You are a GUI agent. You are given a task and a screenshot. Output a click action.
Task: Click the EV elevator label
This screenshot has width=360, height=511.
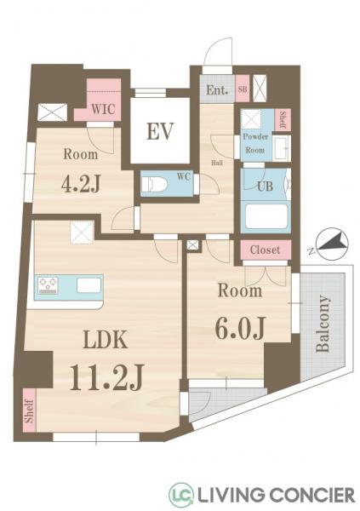(x=159, y=132)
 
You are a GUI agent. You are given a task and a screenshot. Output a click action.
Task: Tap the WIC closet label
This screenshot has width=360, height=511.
(x=103, y=109)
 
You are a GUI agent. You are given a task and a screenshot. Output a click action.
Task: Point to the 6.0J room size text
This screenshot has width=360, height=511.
(x=239, y=327)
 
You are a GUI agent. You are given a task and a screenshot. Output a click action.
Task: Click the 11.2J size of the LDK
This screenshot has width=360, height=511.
(x=106, y=376)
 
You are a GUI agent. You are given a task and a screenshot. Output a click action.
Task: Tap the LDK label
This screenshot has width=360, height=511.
(x=106, y=339)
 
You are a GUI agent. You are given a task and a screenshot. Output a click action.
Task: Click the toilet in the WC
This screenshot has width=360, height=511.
(x=154, y=185)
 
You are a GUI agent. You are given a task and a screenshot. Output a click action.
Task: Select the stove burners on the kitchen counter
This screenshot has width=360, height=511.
(x=48, y=284)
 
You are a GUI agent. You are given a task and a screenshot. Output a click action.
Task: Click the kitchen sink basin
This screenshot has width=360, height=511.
(x=89, y=285)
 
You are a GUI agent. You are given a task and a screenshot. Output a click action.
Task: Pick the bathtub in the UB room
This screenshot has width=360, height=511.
(x=266, y=216)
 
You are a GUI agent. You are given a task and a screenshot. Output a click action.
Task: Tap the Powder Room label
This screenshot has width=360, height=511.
(x=255, y=143)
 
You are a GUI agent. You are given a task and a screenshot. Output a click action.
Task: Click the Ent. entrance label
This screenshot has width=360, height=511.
(x=216, y=89)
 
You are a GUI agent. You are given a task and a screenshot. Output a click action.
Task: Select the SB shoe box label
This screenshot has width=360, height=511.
(x=243, y=89)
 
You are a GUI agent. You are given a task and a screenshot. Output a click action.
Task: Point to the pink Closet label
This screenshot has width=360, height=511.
(x=265, y=250)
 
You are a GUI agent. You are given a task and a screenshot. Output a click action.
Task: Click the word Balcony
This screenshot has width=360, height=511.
(x=323, y=324)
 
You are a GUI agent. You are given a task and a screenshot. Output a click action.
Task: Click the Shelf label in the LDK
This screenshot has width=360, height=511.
(x=30, y=411)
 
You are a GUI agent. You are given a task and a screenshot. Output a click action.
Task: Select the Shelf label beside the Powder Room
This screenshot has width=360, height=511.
(x=283, y=119)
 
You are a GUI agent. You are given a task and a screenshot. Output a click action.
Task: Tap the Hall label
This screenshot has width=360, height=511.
(x=217, y=163)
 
